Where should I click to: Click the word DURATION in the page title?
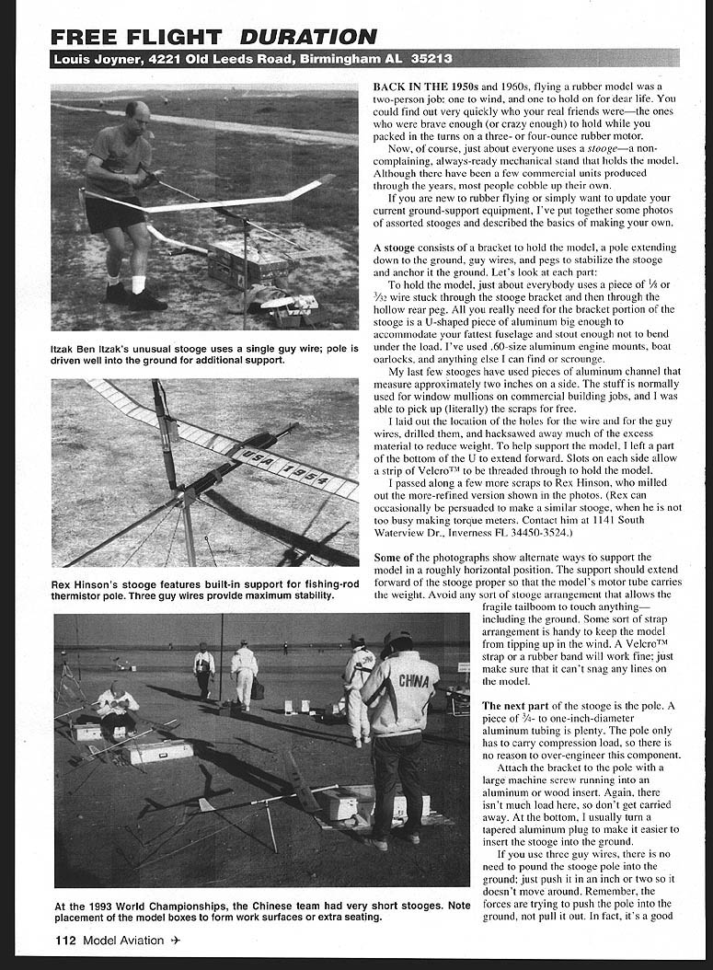pyautogui.click(x=308, y=38)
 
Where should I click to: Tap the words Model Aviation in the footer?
pyautogui.click(x=123, y=940)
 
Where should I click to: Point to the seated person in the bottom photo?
pyautogui.click(x=116, y=705)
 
